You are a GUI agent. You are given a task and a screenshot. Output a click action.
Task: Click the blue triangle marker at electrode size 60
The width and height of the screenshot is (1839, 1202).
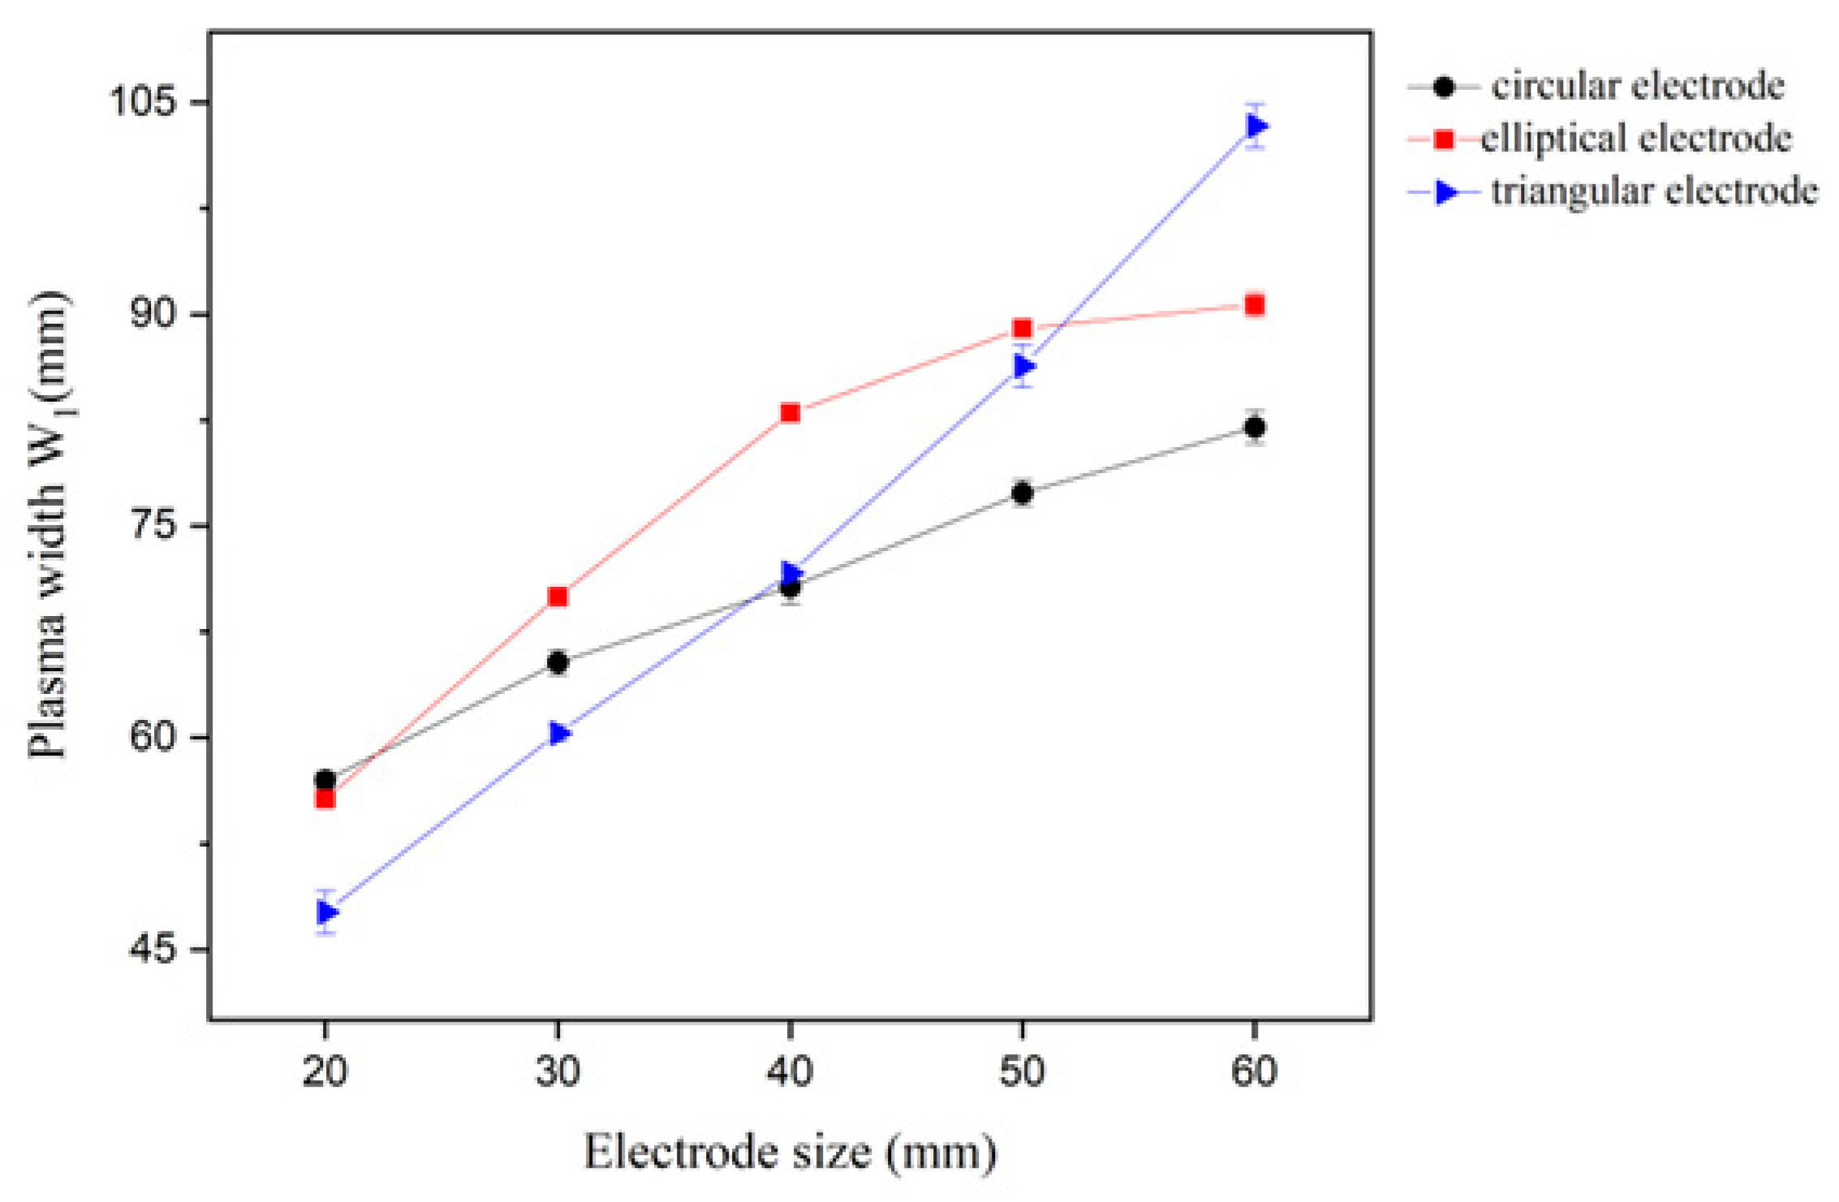coord(1255,126)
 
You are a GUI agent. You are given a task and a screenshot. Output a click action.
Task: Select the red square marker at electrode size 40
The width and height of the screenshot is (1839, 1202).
coord(790,413)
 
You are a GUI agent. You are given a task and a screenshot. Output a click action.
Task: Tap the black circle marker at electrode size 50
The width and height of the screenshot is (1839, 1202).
coord(1023,493)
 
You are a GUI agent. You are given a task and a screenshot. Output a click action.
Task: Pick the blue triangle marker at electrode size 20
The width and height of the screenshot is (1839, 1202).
coord(325,912)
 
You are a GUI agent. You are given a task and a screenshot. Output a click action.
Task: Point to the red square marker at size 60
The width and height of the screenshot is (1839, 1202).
coord(1255,305)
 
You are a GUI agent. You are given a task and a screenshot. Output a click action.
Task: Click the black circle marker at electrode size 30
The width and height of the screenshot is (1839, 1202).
coord(558,662)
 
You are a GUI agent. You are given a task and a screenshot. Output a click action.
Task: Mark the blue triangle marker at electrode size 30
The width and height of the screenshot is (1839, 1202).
coord(558,733)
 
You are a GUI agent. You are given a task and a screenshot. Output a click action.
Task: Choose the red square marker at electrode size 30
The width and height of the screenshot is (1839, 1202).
coord(558,597)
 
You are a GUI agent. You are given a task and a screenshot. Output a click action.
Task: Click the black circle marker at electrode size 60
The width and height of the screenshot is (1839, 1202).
coord(1255,427)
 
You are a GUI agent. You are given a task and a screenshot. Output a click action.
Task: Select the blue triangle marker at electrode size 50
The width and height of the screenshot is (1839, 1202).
coord(1023,366)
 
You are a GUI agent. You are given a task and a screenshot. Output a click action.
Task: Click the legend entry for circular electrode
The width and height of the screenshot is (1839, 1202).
coord(1637,86)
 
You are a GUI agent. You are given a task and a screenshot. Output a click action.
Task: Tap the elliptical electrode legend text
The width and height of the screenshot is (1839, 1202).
coord(1635,139)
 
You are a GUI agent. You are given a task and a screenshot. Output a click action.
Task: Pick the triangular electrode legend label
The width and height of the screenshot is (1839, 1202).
coord(1653,192)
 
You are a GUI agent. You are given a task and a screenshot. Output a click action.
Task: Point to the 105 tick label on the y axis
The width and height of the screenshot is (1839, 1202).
coord(143,102)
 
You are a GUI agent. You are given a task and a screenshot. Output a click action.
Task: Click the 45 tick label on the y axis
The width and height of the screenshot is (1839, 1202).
coord(152,949)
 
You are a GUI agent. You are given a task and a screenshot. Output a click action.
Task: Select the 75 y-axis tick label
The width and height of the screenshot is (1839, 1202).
coord(152,525)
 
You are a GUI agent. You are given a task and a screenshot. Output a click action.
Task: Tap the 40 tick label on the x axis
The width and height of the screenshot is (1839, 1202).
coord(790,1071)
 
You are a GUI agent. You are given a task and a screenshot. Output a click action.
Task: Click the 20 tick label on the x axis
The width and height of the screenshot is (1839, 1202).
coord(325,1071)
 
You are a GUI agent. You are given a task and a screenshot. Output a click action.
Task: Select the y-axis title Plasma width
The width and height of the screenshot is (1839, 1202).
coord(49,524)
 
